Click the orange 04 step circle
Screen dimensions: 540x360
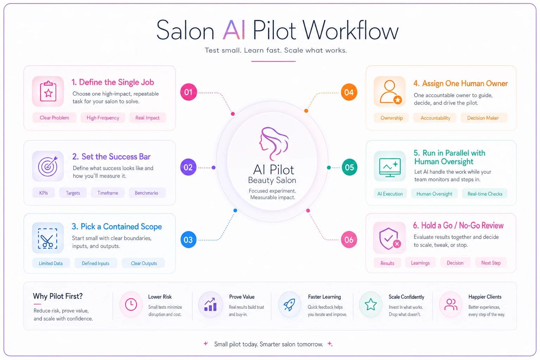349,92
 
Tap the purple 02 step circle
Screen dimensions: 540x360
188,167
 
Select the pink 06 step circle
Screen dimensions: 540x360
349,240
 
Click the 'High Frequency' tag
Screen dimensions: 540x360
103,118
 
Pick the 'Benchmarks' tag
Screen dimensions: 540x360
147,193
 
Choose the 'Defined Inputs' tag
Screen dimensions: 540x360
96,263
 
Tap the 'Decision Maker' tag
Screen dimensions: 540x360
483,118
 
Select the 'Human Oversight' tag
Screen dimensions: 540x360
434,194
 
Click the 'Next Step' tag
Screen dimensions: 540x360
491,263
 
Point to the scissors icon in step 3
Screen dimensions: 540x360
47,239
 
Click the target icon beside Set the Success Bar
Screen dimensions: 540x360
48,166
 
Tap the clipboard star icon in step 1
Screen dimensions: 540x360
48,91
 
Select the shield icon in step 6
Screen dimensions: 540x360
390,239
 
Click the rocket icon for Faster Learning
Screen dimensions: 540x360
290,304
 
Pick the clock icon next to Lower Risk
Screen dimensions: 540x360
131,304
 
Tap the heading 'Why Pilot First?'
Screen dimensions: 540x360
58,296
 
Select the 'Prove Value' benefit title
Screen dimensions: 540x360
242,297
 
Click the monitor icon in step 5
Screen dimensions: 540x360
390,167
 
